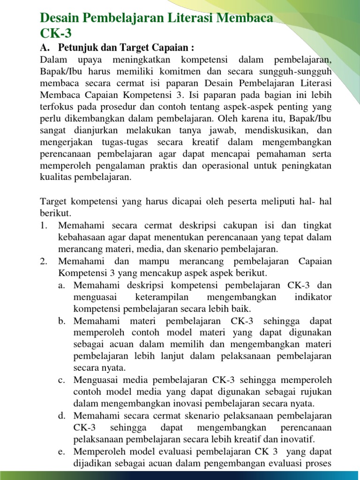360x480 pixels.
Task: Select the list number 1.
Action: pyautogui.click(x=44, y=225)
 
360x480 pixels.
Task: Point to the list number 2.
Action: pyautogui.click(x=44, y=261)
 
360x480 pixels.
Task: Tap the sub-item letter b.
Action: pyautogui.click(x=62, y=321)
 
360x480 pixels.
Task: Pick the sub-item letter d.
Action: pyautogui.click(x=62, y=416)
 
